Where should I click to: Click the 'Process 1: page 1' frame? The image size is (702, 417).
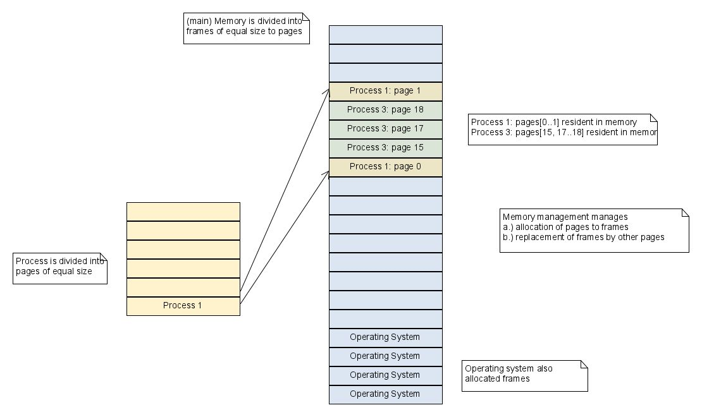tap(385, 91)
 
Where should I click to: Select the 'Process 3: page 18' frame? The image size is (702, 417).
tap(385, 110)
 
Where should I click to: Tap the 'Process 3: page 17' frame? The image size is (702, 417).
tap(385, 129)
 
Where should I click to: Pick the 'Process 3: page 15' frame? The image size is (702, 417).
tap(385, 148)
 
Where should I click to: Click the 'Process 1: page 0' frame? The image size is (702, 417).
tap(385, 167)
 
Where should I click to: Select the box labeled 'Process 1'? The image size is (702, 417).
tap(183, 306)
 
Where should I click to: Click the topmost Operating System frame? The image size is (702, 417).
tap(385, 337)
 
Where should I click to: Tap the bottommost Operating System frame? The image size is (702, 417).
tap(385, 394)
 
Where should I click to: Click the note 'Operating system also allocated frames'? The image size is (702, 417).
tap(524, 375)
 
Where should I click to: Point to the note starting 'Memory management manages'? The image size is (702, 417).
tap(594, 230)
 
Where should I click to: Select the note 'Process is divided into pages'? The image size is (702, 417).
tap(59, 268)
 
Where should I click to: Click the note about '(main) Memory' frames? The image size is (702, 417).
tap(246, 28)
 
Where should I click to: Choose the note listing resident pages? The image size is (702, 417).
tap(562, 129)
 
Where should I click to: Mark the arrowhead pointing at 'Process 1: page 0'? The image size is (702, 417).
tap(327, 173)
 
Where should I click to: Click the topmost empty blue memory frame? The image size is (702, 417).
tap(385, 34)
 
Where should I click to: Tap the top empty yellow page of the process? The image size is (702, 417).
tap(183, 211)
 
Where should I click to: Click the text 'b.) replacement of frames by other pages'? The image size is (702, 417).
tap(583, 238)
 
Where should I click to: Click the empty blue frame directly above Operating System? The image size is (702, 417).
tap(385, 318)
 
